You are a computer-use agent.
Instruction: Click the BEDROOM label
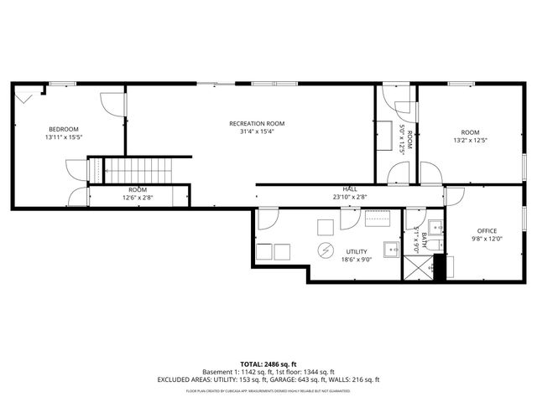(64, 129)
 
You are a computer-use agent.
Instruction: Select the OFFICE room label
(487, 231)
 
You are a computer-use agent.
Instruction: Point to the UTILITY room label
(357, 250)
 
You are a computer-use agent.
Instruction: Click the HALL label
(350, 189)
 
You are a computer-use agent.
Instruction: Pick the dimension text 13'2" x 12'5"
(469, 141)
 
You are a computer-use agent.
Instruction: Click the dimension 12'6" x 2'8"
(138, 198)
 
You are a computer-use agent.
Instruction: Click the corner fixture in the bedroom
(24, 97)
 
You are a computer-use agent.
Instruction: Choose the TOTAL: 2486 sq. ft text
(268, 363)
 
